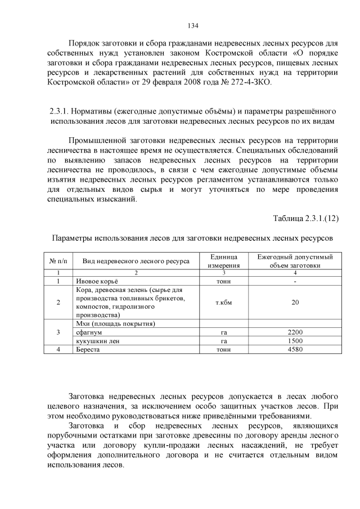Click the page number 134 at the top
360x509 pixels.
pos(192,25)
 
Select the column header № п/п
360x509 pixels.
pos(58,261)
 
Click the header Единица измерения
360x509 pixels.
pos(224,261)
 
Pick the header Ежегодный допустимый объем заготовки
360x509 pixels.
pos(295,261)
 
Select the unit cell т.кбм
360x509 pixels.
pos(224,303)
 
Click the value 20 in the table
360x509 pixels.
pos(295,303)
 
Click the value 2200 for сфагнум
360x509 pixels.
pos(295,332)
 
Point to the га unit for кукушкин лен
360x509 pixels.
pos(224,341)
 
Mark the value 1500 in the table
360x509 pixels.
pos(295,341)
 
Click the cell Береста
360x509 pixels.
pos(88,349)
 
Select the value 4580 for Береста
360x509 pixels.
pos(295,349)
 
